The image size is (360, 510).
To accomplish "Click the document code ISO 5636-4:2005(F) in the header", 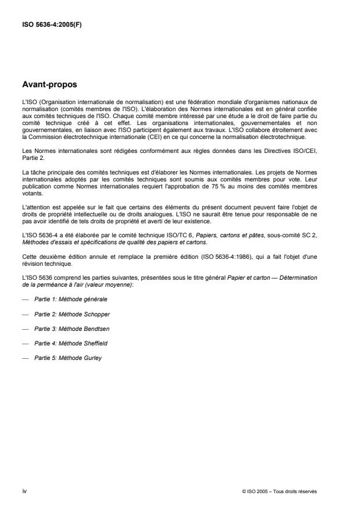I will tap(51, 25).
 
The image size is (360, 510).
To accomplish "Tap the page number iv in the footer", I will tap(24, 491).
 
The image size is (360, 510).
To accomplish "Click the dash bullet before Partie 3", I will tap(24, 328).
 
